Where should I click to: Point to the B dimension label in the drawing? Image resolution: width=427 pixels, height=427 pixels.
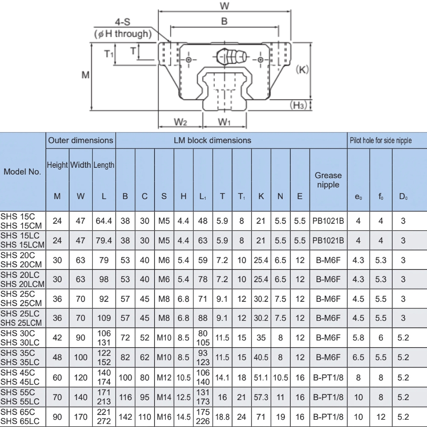click(x=224, y=21)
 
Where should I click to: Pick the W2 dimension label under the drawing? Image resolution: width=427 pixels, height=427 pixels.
click(x=180, y=122)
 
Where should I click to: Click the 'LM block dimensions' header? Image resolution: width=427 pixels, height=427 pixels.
click(x=212, y=140)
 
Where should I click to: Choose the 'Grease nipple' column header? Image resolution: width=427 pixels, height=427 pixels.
click(x=328, y=180)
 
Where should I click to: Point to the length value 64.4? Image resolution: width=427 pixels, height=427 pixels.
click(x=104, y=221)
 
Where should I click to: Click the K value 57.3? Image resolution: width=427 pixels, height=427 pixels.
click(x=260, y=397)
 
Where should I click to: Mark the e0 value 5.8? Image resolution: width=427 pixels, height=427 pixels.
click(x=358, y=337)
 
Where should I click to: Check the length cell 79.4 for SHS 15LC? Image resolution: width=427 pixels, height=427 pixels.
click(x=104, y=240)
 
